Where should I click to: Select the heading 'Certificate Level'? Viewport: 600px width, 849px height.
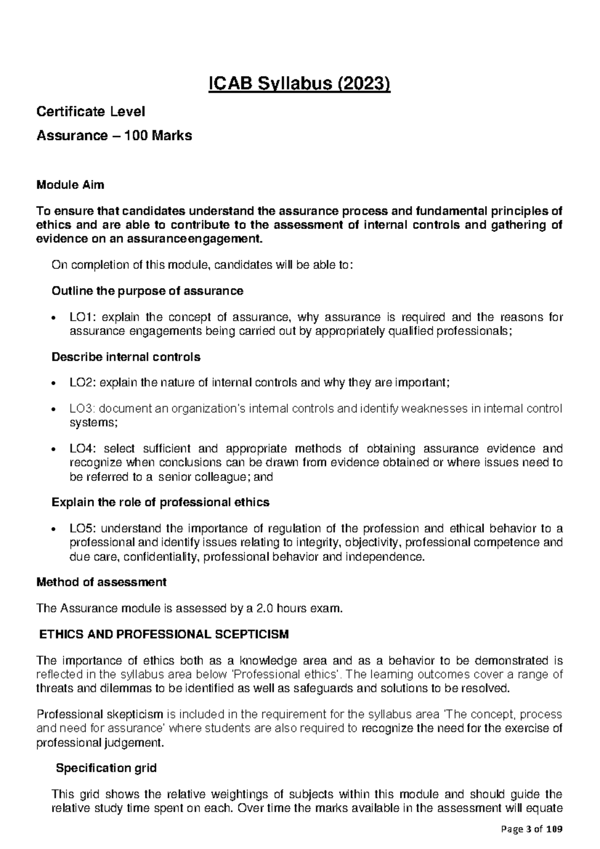point(90,111)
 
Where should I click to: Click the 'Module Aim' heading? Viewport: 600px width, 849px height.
point(70,185)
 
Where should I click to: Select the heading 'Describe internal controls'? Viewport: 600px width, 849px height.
point(126,357)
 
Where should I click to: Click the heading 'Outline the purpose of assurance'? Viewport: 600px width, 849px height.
point(147,290)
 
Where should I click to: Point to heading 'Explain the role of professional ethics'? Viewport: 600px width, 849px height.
point(160,502)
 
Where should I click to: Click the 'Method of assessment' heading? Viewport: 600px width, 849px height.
point(101,582)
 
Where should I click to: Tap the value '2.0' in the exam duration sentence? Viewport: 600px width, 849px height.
point(264,608)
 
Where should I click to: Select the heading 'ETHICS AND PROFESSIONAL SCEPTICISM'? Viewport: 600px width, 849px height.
point(164,634)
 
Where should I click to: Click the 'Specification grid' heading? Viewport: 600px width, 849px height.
point(106,768)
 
